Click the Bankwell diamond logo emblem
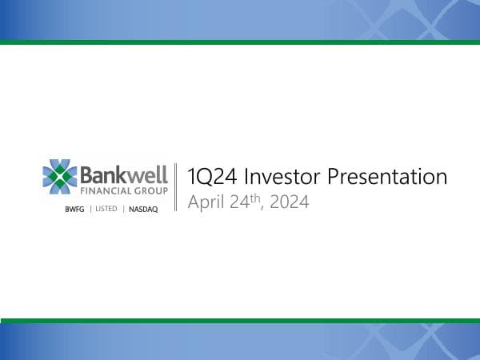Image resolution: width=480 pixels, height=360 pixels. click(x=60, y=178)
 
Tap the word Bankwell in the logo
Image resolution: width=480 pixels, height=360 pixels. click(x=124, y=174)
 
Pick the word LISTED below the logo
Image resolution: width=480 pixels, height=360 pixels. click(x=106, y=209)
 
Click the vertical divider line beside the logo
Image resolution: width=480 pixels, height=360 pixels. click(x=175, y=188)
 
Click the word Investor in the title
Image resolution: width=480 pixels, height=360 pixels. click(x=277, y=178)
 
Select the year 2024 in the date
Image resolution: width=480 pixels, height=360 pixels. click(x=290, y=202)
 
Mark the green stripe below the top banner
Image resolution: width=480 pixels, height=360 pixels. click(x=240, y=42)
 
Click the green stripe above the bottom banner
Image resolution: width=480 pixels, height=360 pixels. click(x=240, y=320)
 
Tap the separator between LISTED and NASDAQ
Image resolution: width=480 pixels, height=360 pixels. click(x=124, y=209)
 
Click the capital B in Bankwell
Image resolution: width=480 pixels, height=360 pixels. click(x=87, y=174)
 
